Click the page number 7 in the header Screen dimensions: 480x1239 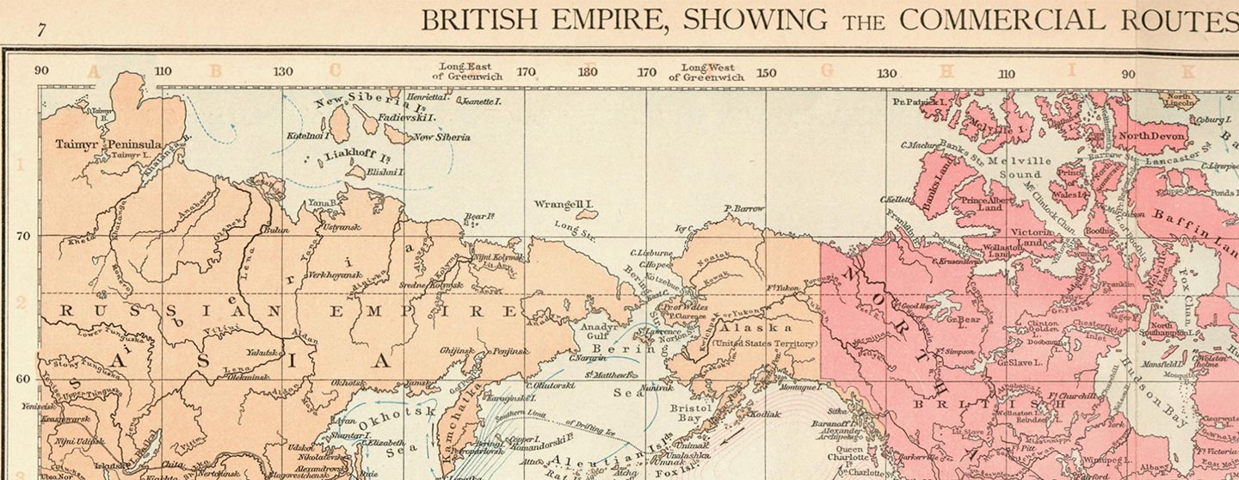pyautogui.click(x=40, y=30)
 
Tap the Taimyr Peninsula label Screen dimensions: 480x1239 pyautogui.click(x=108, y=144)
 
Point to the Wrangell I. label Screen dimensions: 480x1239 pyautogui.click(x=564, y=205)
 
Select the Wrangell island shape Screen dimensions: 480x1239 pyautogui.click(x=587, y=214)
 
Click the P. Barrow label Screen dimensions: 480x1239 pyautogui.click(x=744, y=208)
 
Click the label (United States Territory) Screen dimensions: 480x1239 pyautogui.click(x=766, y=344)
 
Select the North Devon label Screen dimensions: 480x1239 pyautogui.click(x=1151, y=136)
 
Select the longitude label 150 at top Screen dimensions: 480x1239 pyautogui.click(x=765, y=73)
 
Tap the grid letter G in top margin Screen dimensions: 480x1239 pyautogui.click(x=827, y=71)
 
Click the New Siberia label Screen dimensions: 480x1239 pyautogui.click(x=441, y=137)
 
